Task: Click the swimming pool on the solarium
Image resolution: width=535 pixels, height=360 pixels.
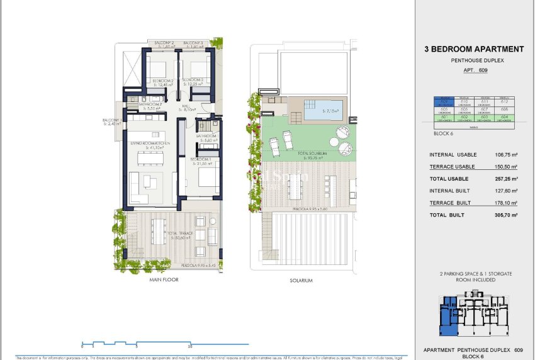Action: tap(324, 111)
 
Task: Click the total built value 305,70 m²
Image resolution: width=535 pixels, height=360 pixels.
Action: tap(504, 215)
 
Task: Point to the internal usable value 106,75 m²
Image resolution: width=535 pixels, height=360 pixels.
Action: tap(504, 155)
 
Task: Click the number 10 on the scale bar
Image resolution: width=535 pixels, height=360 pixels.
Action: tap(189, 347)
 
